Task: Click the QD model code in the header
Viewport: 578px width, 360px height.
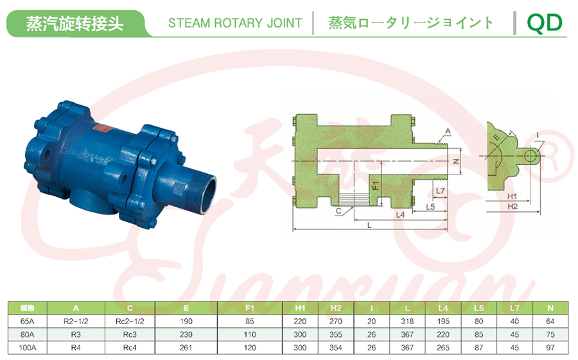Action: click(545, 23)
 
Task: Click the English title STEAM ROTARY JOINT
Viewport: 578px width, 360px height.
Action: click(235, 23)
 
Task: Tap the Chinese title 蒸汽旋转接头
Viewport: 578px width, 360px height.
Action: click(74, 24)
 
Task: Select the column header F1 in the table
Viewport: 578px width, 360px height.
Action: click(250, 308)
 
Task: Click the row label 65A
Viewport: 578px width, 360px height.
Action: click(27, 321)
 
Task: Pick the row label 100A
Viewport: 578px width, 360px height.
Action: click(27, 347)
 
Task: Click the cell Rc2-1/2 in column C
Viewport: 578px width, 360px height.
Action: click(130, 321)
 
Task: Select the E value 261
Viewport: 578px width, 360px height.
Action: click(186, 347)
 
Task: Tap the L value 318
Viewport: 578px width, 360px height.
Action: click(407, 321)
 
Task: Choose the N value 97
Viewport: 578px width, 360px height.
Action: click(550, 347)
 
